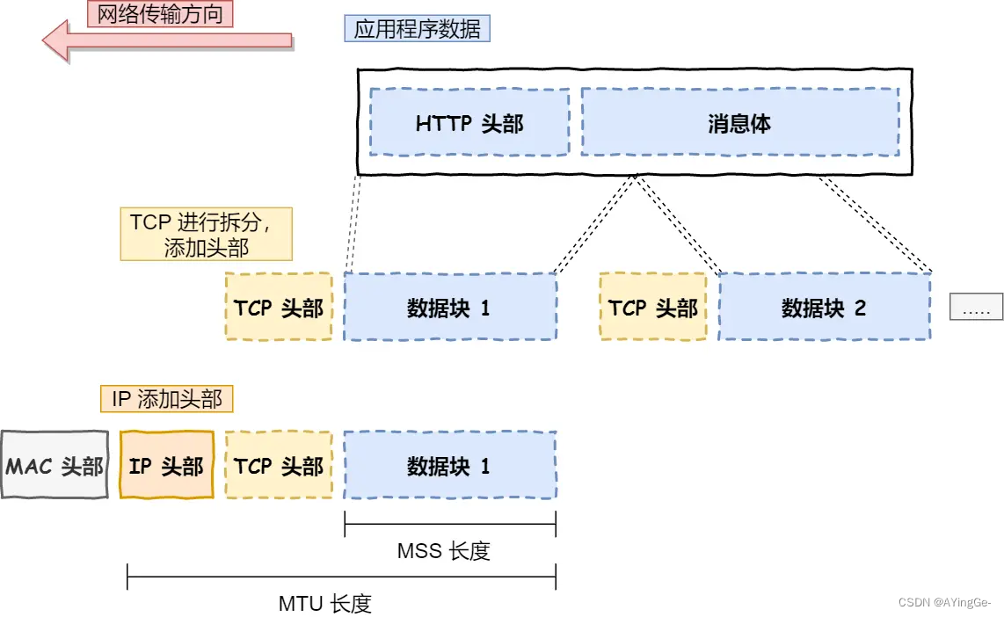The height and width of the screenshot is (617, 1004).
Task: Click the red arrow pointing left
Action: (167, 40)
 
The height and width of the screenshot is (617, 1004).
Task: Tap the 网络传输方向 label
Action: (160, 13)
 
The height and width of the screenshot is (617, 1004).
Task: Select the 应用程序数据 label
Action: (417, 29)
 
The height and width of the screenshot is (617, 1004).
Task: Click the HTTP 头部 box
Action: (469, 122)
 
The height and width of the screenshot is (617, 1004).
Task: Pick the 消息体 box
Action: (739, 122)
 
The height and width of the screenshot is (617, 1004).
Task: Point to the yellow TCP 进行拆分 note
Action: (206, 235)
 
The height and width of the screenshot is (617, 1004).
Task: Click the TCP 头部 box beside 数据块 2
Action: (652, 307)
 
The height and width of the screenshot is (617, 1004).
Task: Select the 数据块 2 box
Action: (824, 307)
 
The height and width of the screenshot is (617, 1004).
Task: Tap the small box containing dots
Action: (976, 307)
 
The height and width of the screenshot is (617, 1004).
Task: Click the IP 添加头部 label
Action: (167, 399)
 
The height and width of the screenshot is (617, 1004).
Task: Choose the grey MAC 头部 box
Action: (55, 465)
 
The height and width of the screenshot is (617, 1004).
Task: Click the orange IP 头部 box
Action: (166, 465)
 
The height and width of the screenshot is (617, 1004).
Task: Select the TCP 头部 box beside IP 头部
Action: (279, 465)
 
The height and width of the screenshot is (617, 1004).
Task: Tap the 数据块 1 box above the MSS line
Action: (449, 465)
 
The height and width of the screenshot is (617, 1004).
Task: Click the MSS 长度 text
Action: (443, 551)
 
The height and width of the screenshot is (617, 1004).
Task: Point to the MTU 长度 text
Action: (325, 603)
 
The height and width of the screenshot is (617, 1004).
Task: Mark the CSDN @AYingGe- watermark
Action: (945, 602)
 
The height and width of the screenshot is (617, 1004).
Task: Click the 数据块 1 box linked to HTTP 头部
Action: (449, 307)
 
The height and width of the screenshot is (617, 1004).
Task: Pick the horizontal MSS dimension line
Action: (450, 526)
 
